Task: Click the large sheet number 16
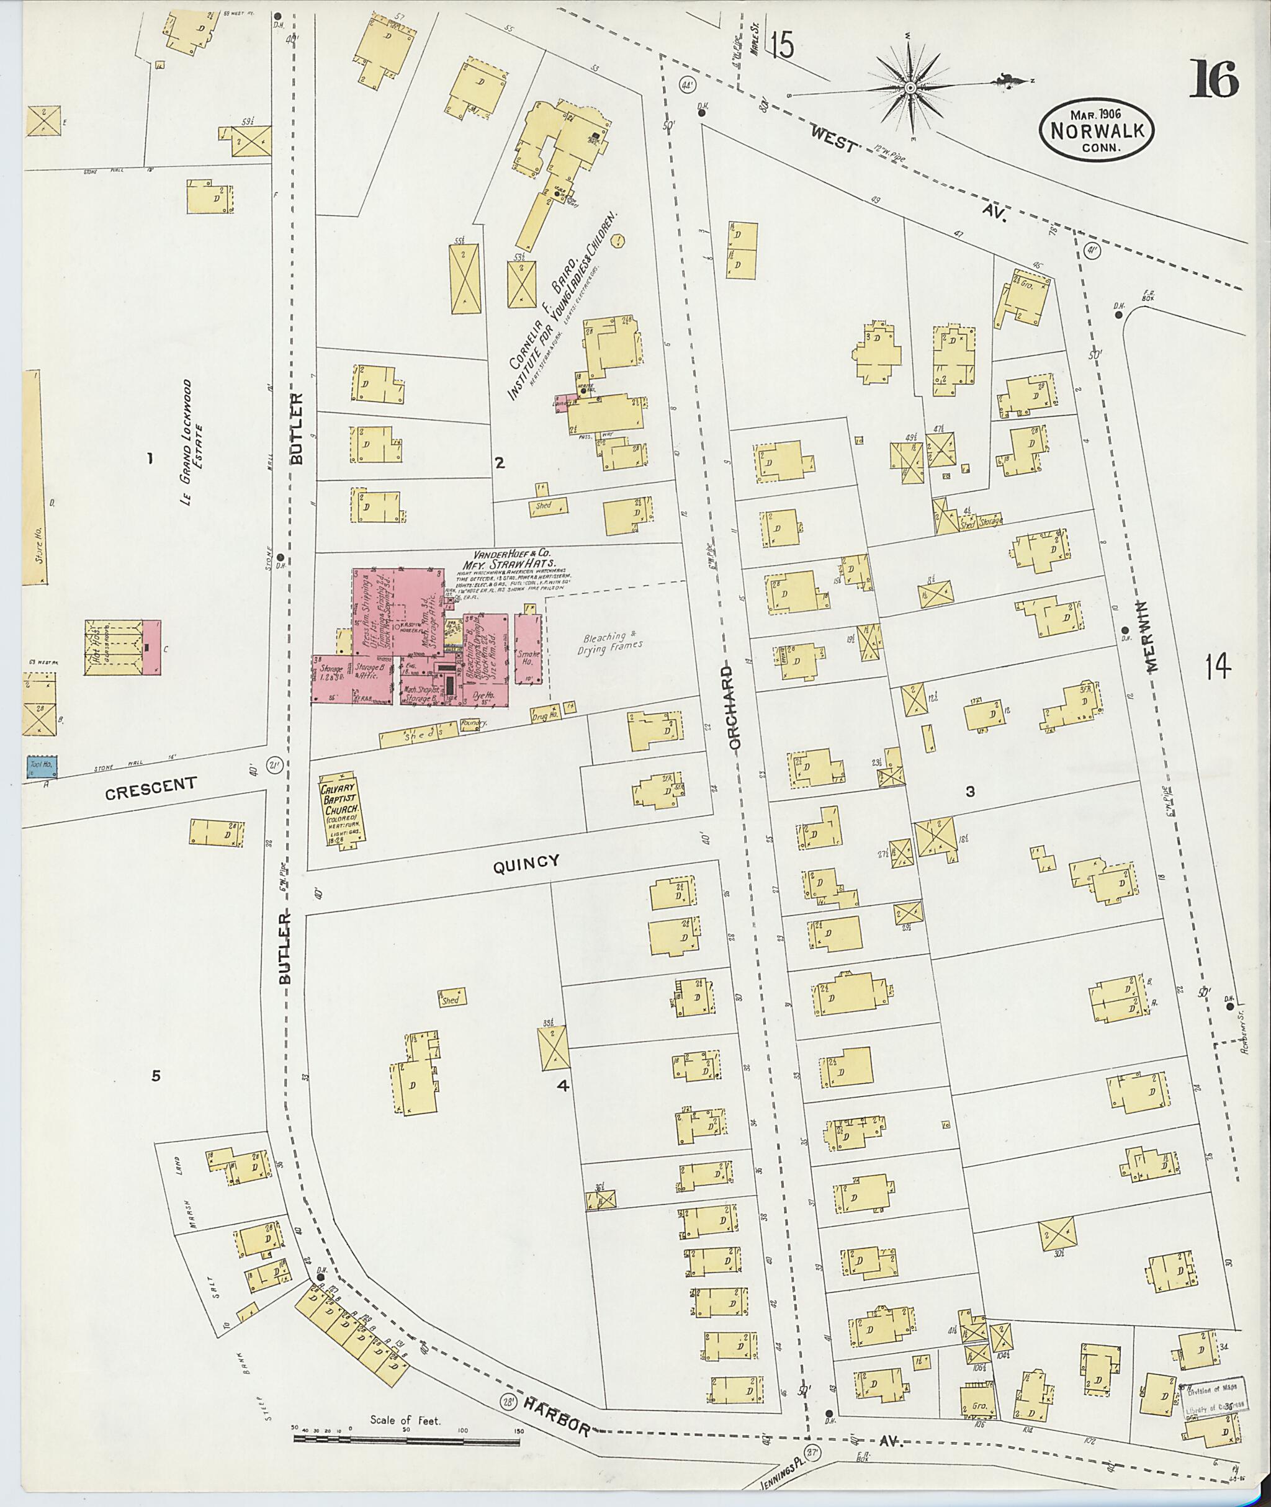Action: [1213, 79]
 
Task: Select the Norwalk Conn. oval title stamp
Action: [1096, 130]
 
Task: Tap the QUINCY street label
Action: [526, 863]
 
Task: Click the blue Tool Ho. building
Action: [42, 766]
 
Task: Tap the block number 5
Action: [156, 1076]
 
